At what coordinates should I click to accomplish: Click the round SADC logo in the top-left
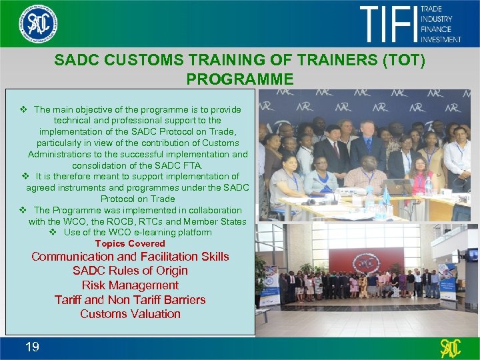click(x=38, y=23)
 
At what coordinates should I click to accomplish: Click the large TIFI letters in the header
click(x=388, y=23)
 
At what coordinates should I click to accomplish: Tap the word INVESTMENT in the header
click(x=441, y=39)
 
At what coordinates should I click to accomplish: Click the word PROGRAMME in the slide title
click(x=240, y=79)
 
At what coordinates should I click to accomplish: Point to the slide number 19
click(x=32, y=346)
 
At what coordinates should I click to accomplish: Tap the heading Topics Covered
click(x=130, y=243)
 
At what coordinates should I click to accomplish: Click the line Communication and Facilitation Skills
click(x=130, y=257)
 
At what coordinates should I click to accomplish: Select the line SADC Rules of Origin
click(x=130, y=271)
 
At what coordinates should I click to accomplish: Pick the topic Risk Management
click(x=130, y=285)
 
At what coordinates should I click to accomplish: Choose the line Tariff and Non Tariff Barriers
click(x=130, y=299)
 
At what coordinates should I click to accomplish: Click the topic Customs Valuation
click(x=130, y=313)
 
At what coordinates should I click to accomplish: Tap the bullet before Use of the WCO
click(x=54, y=232)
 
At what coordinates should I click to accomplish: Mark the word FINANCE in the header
click(x=436, y=29)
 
